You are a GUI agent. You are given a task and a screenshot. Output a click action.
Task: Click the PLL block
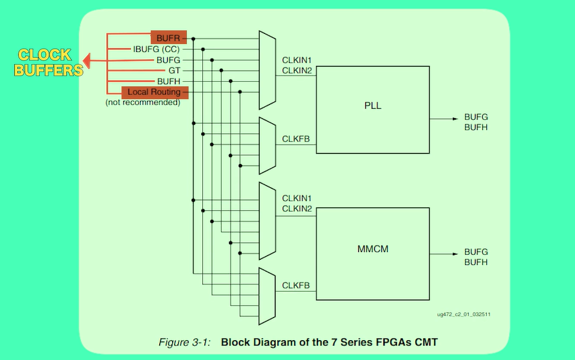tap(373, 109)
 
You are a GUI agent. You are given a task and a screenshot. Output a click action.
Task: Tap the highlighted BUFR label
tap(168, 38)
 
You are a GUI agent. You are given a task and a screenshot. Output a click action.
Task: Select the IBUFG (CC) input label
tap(157, 49)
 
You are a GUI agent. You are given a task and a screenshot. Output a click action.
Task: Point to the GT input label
tap(174, 70)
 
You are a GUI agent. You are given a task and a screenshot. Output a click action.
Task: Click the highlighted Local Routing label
tap(154, 92)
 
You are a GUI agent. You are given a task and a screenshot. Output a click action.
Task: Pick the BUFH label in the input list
tap(168, 81)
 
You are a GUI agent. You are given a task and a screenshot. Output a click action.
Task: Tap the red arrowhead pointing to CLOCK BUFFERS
tap(87, 62)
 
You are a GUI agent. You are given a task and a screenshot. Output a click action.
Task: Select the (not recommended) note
tap(143, 102)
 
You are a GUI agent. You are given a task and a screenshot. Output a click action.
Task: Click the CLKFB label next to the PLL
tap(296, 139)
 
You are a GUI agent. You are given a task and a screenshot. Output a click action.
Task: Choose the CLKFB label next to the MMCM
tap(296, 285)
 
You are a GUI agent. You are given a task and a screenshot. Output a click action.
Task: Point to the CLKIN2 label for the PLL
tap(297, 70)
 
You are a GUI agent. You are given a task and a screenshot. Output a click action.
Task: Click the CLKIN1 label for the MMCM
tap(297, 199)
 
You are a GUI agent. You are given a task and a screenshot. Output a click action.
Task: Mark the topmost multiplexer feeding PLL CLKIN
tap(267, 70)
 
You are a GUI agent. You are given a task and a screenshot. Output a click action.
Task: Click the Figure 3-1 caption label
tap(184, 342)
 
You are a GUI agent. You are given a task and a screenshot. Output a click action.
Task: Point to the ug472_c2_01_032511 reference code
tap(463, 314)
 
